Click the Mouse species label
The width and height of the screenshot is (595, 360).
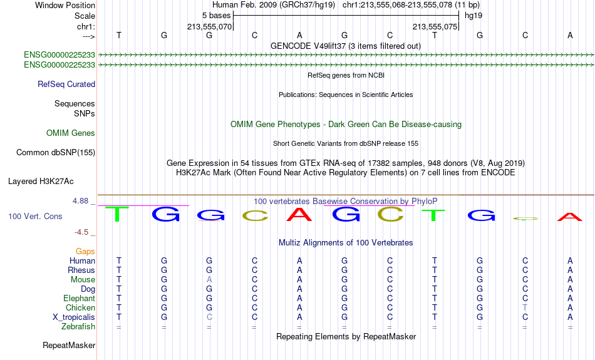pos(83,280)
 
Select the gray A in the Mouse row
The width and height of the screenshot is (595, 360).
pos(209,280)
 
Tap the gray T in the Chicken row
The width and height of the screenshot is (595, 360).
pos(525,307)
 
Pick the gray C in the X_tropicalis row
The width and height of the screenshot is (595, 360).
pos(209,317)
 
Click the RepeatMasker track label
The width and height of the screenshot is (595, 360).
pos(69,345)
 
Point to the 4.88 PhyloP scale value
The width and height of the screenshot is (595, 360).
pos(80,201)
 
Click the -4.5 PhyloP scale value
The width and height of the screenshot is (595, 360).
pos(81,232)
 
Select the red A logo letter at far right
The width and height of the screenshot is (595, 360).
pos(569,217)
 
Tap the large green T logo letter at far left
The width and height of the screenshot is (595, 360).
pos(117,214)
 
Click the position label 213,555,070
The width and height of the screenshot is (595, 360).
pos(209,26)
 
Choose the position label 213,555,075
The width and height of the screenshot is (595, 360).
pos(435,26)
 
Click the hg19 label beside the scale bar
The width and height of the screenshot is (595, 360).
pos(473,16)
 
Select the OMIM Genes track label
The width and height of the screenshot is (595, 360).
pos(71,133)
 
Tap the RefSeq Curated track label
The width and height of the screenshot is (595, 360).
pos(66,85)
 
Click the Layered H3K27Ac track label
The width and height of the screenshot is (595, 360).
pos(41,182)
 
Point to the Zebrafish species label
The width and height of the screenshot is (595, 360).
pos(78,327)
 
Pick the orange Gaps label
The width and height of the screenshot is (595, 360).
pos(85,252)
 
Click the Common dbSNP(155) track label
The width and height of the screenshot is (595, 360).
pos(56,153)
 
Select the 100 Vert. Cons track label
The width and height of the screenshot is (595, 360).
pos(35,216)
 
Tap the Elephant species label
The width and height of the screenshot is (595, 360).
pos(80,299)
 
